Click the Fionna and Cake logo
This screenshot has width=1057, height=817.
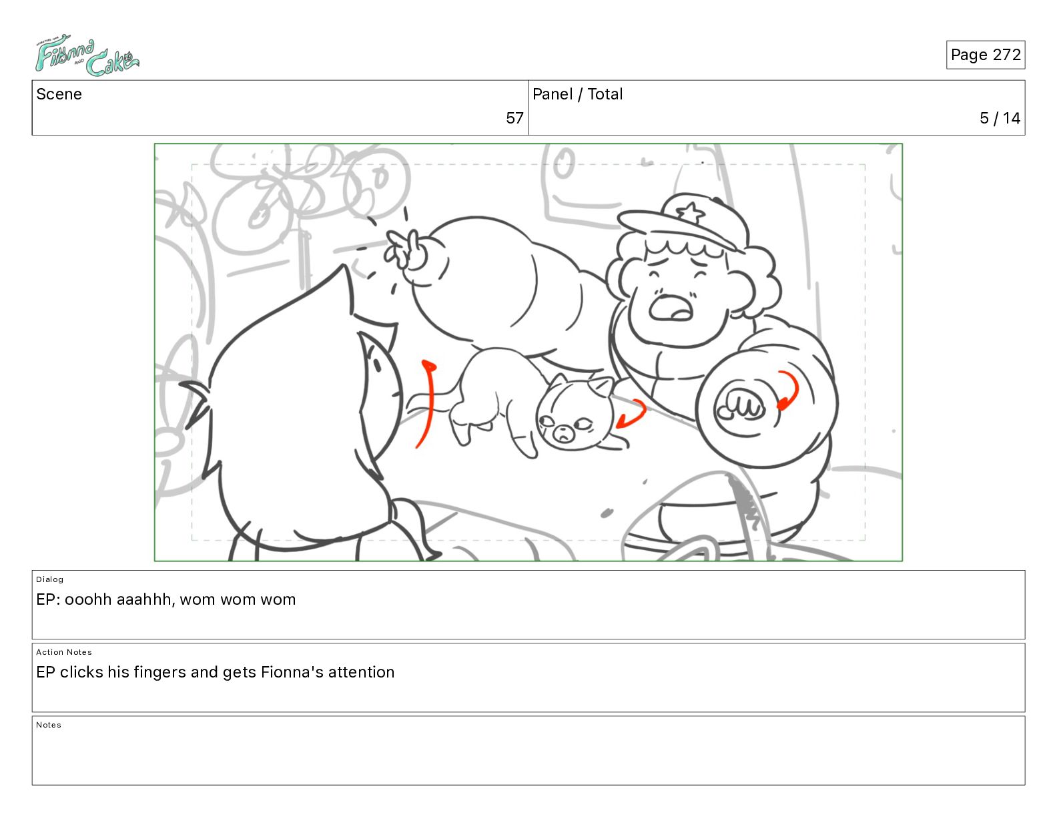[x=87, y=55]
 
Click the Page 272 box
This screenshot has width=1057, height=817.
[x=985, y=55]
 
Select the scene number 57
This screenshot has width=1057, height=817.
[x=514, y=117]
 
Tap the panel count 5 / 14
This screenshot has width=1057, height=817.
[x=1000, y=117]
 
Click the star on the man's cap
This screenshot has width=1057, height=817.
[x=690, y=213]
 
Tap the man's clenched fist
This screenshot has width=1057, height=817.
[x=740, y=405]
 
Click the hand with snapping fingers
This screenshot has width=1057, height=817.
[x=406, y=249]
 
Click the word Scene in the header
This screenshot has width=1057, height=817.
[x=59, y=94]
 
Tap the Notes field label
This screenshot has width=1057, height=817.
[x=49, y=724]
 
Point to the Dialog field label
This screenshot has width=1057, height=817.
[x=49, y=579]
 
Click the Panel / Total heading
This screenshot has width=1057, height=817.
[x=577, y=94]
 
